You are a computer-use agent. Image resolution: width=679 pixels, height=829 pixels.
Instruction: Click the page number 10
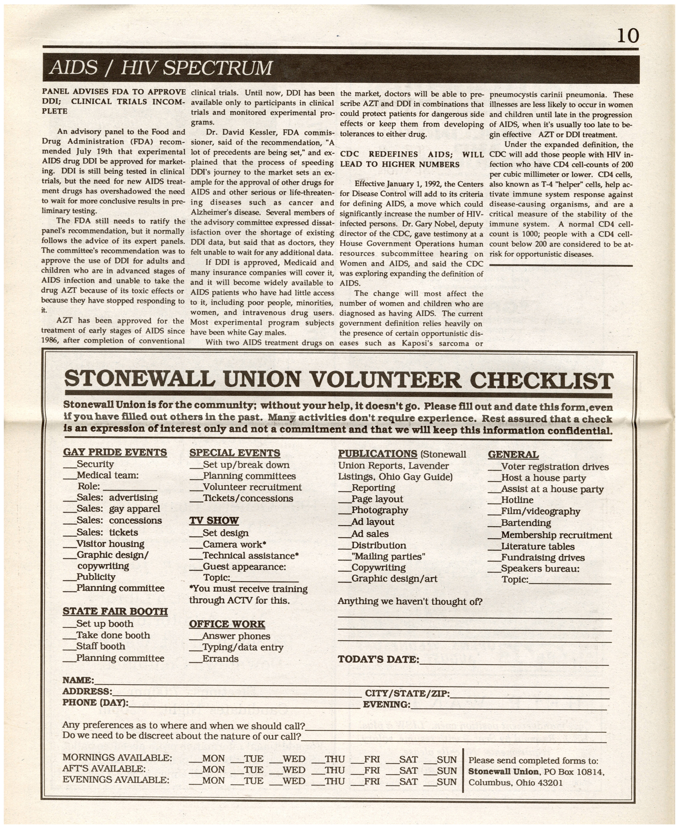coord(628,36)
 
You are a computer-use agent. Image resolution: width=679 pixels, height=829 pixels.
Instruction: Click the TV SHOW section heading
coord(214,521)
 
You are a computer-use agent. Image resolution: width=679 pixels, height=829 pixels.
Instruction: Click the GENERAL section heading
coord(513,455)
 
